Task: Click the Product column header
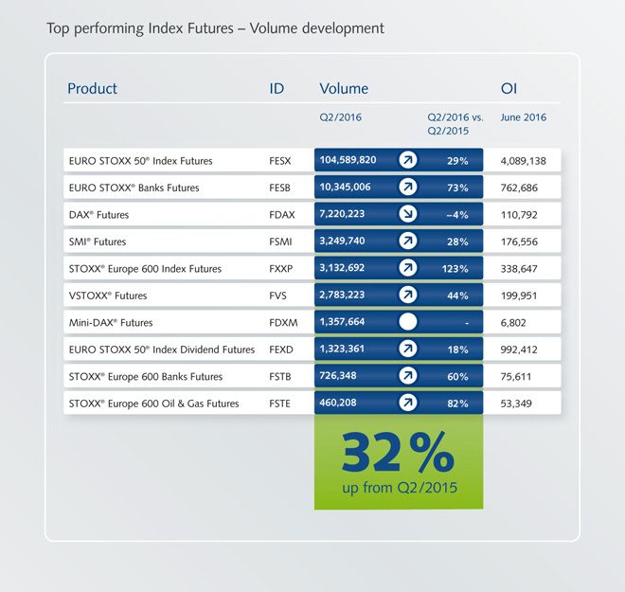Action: (x=92, y=89)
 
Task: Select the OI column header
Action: (x=509, y=89)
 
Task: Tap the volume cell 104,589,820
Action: (x=348, y=160)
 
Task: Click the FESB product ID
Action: (x=280, y=188)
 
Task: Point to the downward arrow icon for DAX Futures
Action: (x=408, y=214)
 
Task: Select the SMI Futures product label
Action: (x=98, y=242)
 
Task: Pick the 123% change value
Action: (x=455, y=269)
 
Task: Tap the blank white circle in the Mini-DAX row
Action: (x=408, y=322)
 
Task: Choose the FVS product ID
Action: (x=277, y=296)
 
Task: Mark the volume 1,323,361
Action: (x=345, y=350)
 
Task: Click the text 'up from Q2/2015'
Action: (x=399, y=488)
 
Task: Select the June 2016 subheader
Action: (x=523, y=118)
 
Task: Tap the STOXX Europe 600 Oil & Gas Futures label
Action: (x=153, y=404)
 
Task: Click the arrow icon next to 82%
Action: (x=408, y=403)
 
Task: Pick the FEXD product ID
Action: (x=281, y=350)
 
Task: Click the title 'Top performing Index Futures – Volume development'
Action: (x=215, y=28)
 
